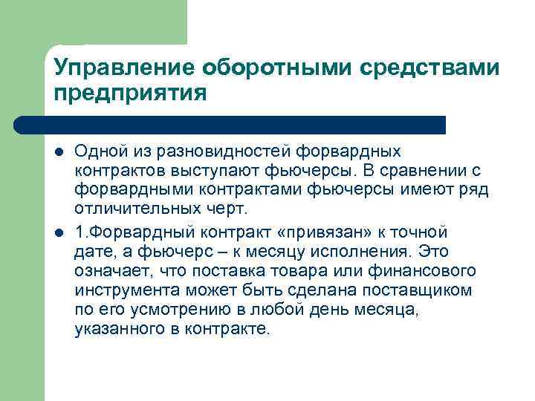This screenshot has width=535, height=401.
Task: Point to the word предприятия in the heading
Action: coord(129,94)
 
